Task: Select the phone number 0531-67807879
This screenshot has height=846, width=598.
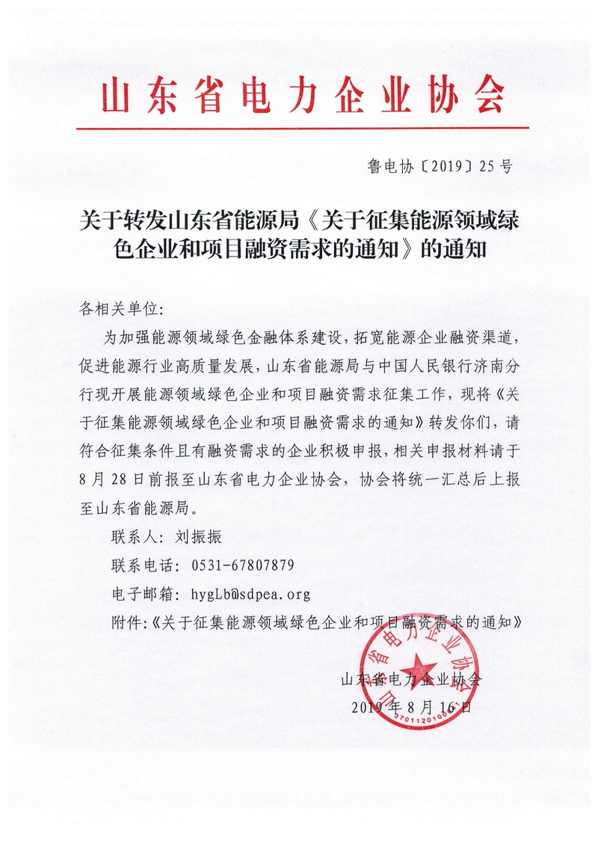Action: [243, 564]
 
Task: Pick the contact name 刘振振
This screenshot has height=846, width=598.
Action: [193, 536]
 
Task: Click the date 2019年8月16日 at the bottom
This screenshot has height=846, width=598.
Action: [410, 707]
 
